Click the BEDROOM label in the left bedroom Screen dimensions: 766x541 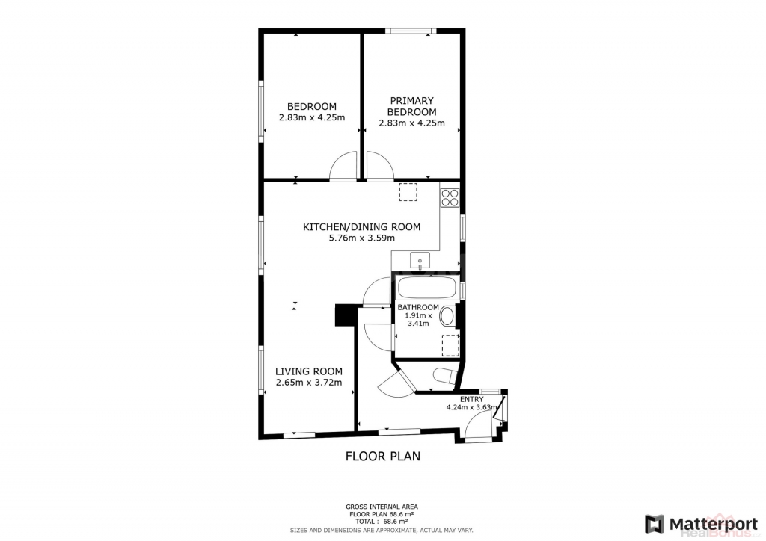312,106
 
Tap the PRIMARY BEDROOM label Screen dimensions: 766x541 412,106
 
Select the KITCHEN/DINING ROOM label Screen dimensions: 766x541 361,227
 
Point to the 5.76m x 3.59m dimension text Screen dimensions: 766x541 361,238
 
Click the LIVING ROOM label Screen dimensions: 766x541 309,371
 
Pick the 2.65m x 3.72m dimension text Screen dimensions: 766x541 309,383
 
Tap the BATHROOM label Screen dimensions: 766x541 418,307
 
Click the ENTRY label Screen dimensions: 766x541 472,399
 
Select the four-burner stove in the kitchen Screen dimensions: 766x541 450,197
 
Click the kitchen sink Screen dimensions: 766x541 420,261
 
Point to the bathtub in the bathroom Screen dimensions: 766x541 426,288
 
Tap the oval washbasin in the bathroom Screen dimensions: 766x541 447,317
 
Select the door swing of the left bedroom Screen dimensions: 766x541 343,167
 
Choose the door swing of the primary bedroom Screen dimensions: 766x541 380,167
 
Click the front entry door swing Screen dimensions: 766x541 478,425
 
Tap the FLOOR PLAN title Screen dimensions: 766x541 383,456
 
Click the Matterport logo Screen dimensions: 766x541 701,524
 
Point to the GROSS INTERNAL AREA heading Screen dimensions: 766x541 382,507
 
